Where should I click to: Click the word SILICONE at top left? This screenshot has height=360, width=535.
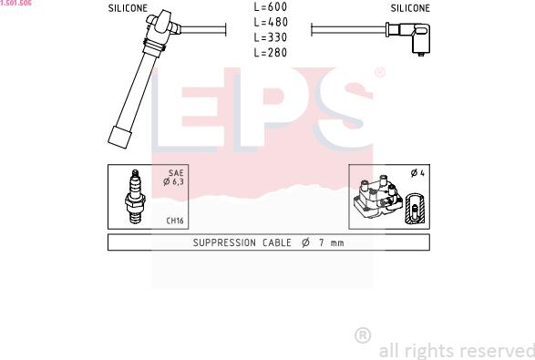[128, 7]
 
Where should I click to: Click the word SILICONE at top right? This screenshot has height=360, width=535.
[410, 7]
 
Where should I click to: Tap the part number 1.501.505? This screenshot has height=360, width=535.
[16, 4]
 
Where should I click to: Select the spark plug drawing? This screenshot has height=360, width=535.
[135, 198]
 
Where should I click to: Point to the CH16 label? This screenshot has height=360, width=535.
[175, 221]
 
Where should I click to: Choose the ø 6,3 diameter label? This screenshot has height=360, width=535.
[173, 182]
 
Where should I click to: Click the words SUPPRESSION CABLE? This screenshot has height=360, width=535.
[242, 242]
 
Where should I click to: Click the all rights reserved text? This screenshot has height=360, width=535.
[456, 350]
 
